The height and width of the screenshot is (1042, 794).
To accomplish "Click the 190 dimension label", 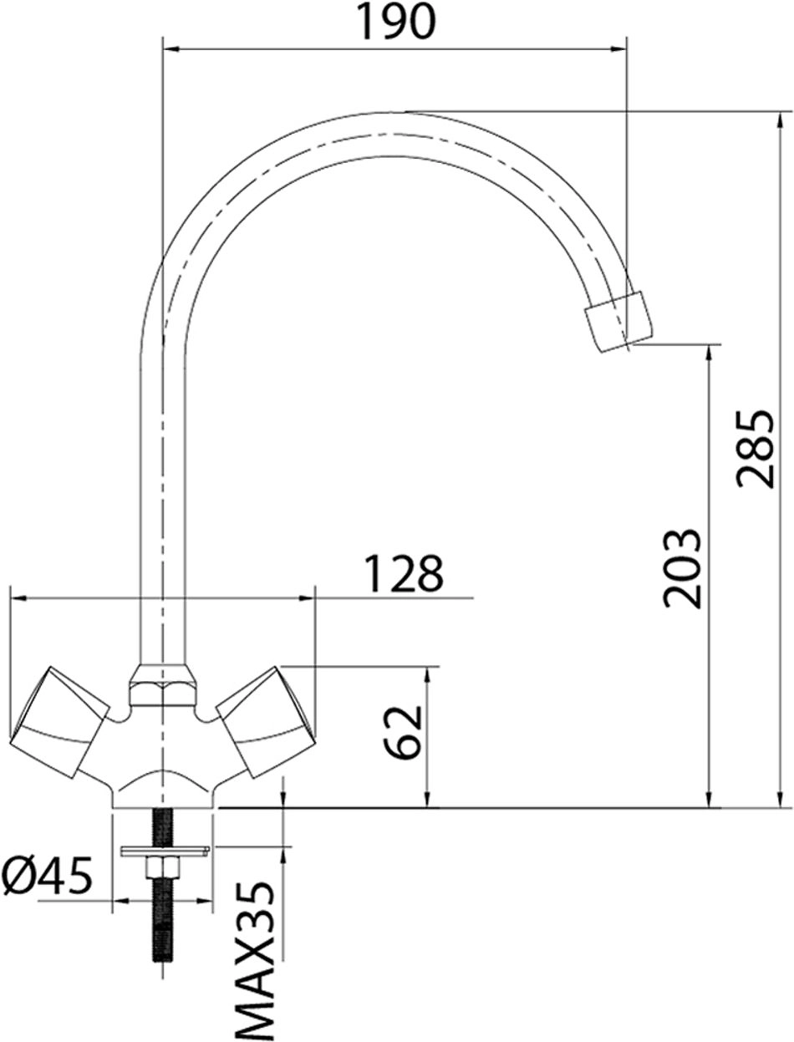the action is pyautogui.click(x=397, y=22).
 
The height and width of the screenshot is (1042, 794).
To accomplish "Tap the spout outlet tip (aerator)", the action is pyautogui.click(x=617, y=323).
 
